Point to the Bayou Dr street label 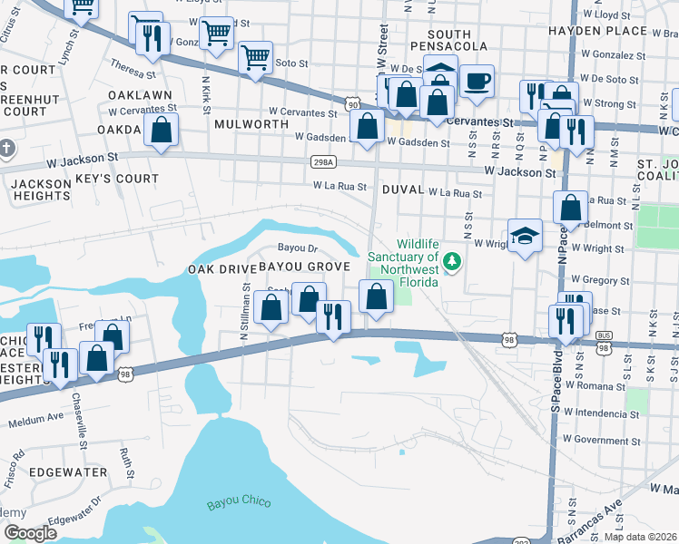click(297, 248)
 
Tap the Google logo click(30, 532)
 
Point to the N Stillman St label click(244, 311)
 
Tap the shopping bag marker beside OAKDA click(161, 131)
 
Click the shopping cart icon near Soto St click(255, 58)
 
